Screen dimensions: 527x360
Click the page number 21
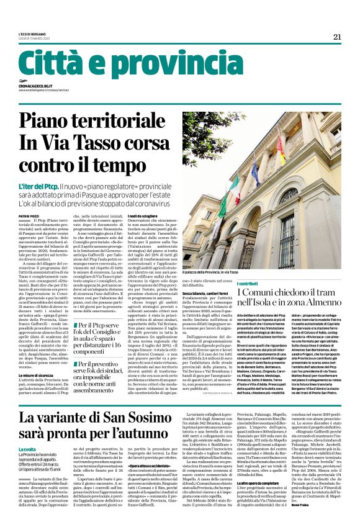point(337,37)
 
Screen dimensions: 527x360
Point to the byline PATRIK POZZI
point(29,215)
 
